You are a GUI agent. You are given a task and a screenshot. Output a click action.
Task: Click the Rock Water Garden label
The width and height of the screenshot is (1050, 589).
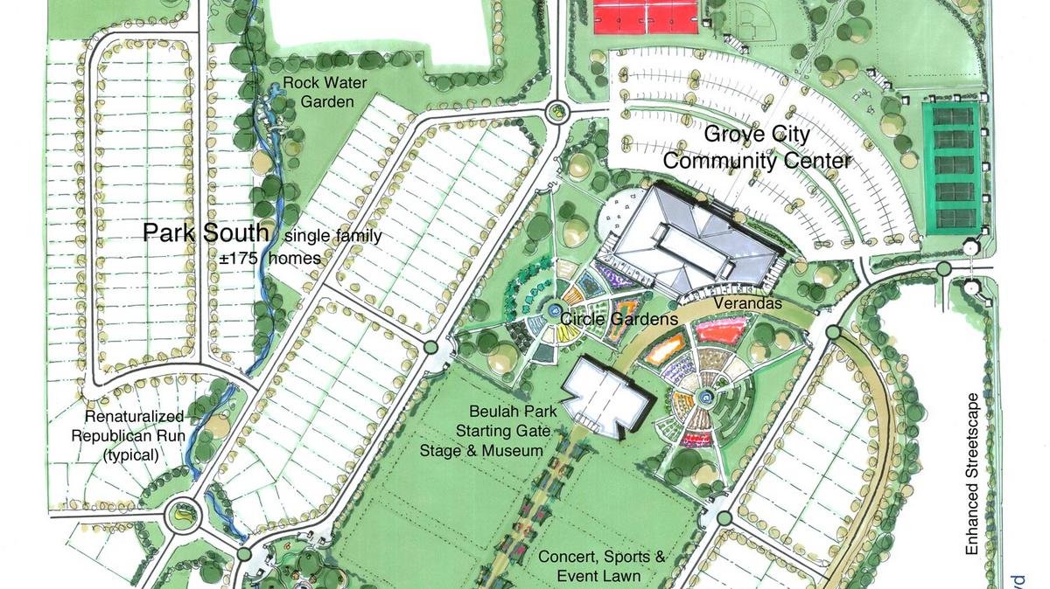(x=318, y=94)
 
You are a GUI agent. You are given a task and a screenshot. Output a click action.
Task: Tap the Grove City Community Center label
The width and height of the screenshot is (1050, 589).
(x=757, y=148)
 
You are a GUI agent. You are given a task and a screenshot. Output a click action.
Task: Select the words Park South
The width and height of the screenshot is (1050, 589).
(x=206, y=233)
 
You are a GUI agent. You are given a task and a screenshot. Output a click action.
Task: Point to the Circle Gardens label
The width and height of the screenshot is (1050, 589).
(x=619, y=319)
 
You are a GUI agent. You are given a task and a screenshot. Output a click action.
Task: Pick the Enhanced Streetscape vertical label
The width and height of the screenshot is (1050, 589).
(x=972, y=473)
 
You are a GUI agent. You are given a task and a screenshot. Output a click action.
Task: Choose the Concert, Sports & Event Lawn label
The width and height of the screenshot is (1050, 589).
(x=601, y=565)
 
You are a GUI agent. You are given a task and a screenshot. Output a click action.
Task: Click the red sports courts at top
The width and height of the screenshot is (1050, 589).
(x=646, y=16)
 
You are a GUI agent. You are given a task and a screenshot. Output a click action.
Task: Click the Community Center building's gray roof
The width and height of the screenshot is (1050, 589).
(x=691, y=237)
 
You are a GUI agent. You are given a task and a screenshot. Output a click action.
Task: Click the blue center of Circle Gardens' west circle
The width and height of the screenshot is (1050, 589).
(x=555, y=310)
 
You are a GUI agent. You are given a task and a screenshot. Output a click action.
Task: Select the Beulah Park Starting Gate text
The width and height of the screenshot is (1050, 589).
(x=500, y=420)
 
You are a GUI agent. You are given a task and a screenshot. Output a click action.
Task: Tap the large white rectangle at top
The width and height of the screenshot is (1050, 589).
(x=378, y=31)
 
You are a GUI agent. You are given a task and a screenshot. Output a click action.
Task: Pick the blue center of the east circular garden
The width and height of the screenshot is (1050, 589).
(x=705, y=396)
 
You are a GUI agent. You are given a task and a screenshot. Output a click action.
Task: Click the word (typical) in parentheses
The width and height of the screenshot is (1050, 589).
(x=130, y=454)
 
